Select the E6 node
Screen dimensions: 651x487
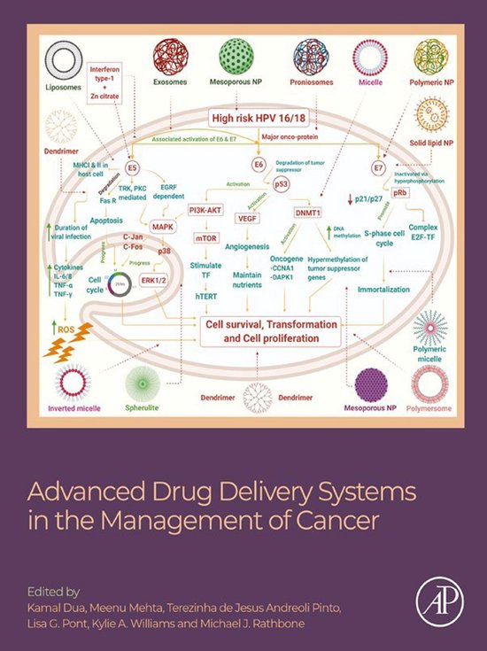[x=259, y=165]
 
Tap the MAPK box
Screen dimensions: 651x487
[x=163, y=227]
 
